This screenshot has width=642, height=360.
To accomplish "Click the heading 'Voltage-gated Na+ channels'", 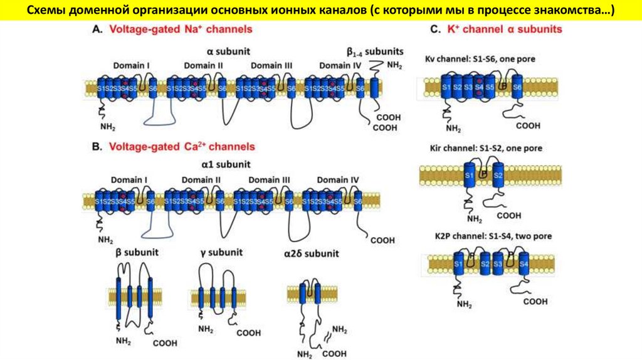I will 177,29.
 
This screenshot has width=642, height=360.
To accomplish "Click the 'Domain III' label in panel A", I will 271,65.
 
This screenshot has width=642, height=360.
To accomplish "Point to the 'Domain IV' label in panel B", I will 337,180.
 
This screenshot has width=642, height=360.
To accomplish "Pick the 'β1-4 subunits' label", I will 374,51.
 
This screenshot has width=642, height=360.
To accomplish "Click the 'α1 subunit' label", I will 226,164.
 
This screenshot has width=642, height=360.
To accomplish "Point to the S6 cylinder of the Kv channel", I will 517,88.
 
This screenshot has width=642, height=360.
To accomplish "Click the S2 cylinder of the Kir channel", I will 498,174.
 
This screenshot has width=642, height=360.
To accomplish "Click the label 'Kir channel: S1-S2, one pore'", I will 483,149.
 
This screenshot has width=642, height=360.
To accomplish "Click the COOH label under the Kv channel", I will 528,125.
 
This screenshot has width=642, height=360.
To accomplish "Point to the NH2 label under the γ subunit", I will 206,328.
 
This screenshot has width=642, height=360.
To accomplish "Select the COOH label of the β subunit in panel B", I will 165,343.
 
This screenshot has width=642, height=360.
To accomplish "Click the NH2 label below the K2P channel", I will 465,305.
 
